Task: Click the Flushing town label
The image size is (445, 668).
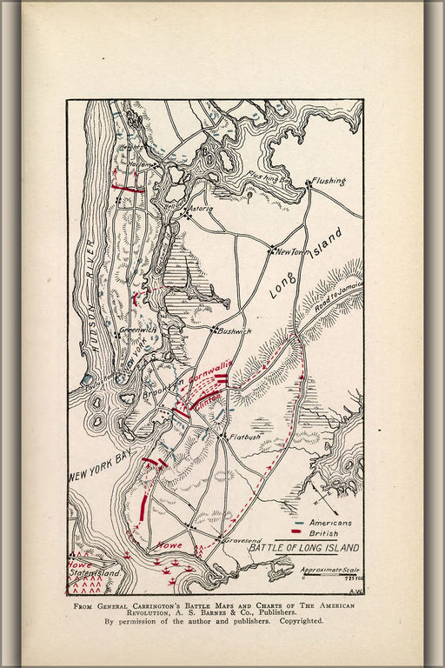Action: click(329, 181)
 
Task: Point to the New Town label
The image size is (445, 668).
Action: click(293, 251)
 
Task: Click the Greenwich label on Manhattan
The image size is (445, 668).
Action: click(136, 330)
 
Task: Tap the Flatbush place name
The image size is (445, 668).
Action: click(246, 437)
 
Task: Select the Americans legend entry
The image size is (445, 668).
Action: click(330, 522)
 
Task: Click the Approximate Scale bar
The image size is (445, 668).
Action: click(330, 575)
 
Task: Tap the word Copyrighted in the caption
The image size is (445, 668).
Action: click(298, 621)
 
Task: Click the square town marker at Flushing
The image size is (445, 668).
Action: click(309, 184)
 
